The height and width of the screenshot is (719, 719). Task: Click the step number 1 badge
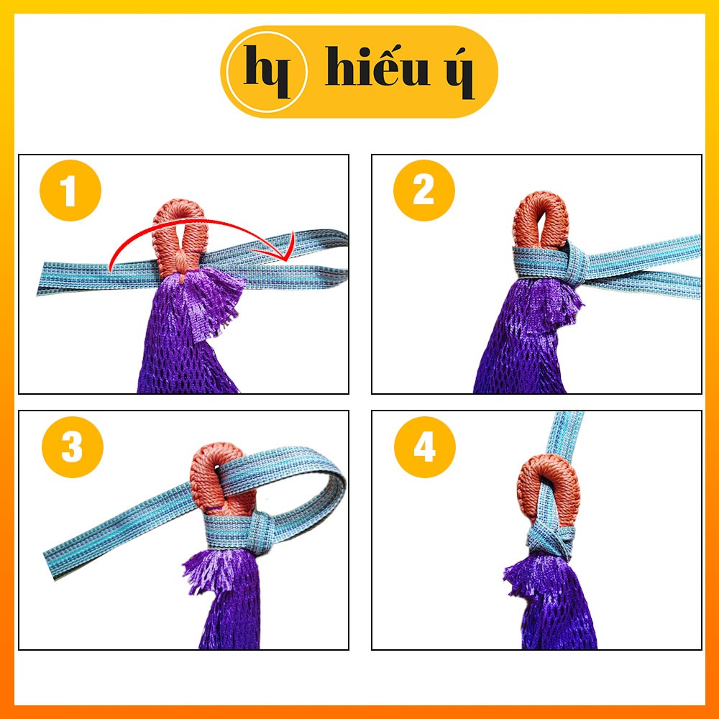click(x=70, y=191)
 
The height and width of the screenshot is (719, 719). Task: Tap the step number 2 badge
click(x=423, y=191)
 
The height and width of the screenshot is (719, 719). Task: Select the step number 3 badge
click(x=73, y=446)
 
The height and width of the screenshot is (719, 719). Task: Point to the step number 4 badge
click(x=425, y=446)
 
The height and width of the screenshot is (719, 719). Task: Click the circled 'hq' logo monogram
click(x=267, y=71)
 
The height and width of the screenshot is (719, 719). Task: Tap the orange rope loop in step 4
click(x=549, y=490)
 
